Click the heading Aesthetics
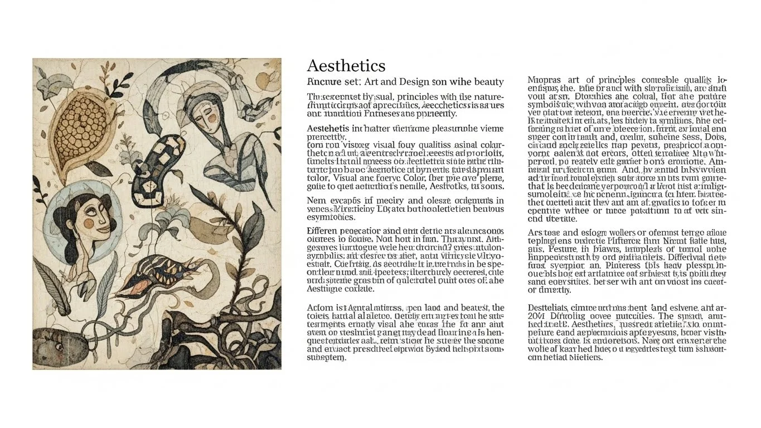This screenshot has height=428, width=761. coord(346,66)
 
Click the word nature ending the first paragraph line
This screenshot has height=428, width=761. coord(489,97)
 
